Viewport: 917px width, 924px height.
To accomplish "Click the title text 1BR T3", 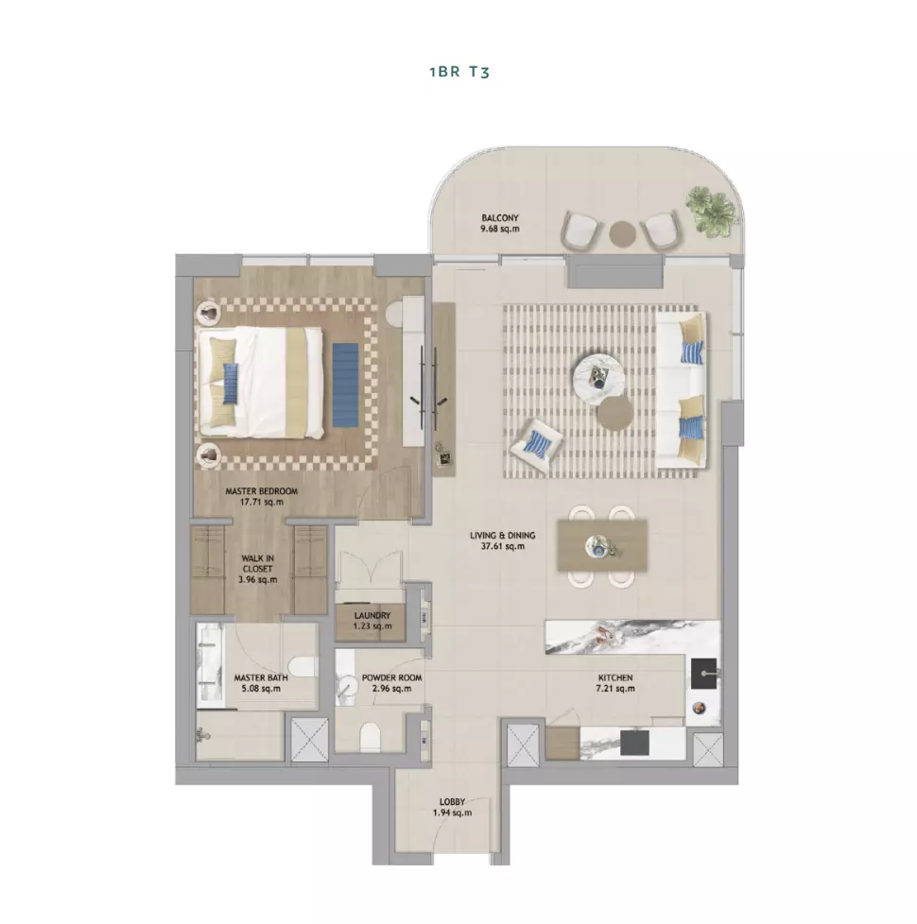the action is pos(459,72).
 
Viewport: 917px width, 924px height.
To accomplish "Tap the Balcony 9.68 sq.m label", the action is pos(500,223).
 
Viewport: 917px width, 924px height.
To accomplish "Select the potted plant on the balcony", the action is pos(711,211).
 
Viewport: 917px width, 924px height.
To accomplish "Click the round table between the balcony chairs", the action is pos(622,233).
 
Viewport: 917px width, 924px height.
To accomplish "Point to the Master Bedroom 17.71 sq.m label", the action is pos(261,497).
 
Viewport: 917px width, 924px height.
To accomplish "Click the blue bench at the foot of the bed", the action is pos(345,385).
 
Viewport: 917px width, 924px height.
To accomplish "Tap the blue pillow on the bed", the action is pos(230,383).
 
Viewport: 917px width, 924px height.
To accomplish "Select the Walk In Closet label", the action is pos(258,569).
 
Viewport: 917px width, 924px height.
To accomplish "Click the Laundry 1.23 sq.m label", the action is pos(372,621).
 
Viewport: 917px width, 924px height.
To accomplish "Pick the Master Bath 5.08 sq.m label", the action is pos(261,683).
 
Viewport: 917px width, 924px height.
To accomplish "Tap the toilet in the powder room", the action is pos(370,737).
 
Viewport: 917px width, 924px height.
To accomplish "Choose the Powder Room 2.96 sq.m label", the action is pos(391,683).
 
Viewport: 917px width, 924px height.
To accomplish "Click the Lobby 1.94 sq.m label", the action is pos(452,808).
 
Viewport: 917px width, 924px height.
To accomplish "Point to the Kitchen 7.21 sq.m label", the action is pos(615,683).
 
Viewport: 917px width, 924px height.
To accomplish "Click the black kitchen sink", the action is pos(704,674).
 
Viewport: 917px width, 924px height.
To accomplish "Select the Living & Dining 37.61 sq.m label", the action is pos(502,540).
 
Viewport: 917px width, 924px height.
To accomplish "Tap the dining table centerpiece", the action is pos(600,546).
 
